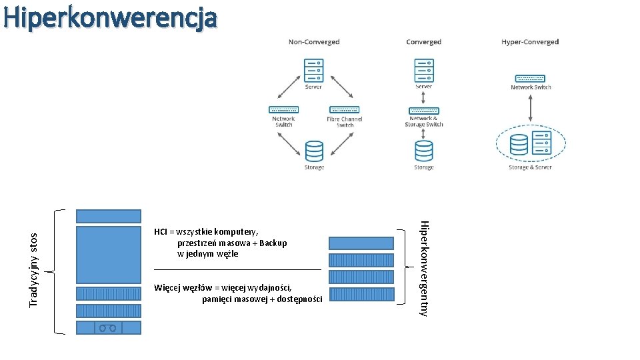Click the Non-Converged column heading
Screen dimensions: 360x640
(314, 42)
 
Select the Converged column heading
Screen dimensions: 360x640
(423, 42)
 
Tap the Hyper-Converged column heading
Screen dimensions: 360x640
(530, 42)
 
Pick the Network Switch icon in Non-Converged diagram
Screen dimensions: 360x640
(283, 109)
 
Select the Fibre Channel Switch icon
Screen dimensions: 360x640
(344, 109)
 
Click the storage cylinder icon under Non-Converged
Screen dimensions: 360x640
(314, 151)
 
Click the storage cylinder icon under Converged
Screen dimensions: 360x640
(424, 151)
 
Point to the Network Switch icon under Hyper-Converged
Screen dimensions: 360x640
(530, 79)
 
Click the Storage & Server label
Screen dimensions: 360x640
(530, 167)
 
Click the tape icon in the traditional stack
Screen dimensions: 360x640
(108, 327)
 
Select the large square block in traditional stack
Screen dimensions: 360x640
(108, 255)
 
